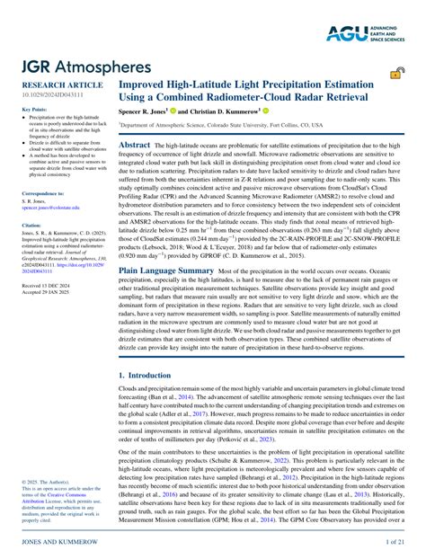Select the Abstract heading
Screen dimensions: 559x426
[x=135, y=144]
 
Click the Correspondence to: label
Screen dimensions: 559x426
[x=42, y=193]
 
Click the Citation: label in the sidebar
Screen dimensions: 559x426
[x=31, y=225]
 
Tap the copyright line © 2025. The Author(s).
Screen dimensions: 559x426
[x=50, y=482]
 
